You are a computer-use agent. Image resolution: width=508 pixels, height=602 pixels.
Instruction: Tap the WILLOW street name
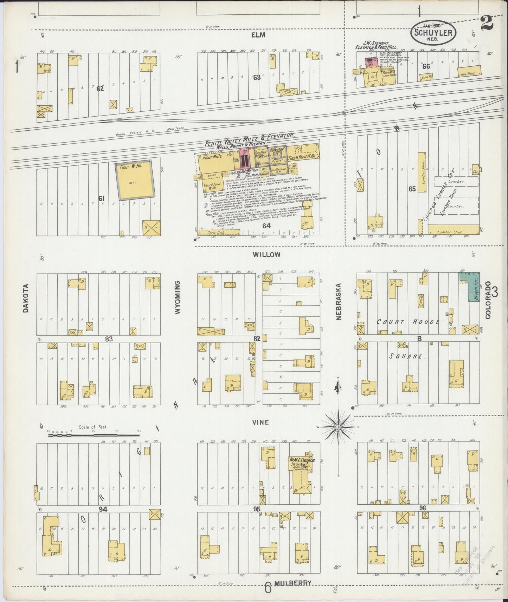[x=268, y=255]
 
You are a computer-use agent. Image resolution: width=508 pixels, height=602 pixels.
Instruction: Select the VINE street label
[x=261, y=423]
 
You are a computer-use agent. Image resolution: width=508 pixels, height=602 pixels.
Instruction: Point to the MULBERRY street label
[x=293, y=583]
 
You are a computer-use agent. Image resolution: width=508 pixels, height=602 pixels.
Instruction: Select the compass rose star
[x=338, y=427]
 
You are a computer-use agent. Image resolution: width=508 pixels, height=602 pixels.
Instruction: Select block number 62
[x=100, y=89]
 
